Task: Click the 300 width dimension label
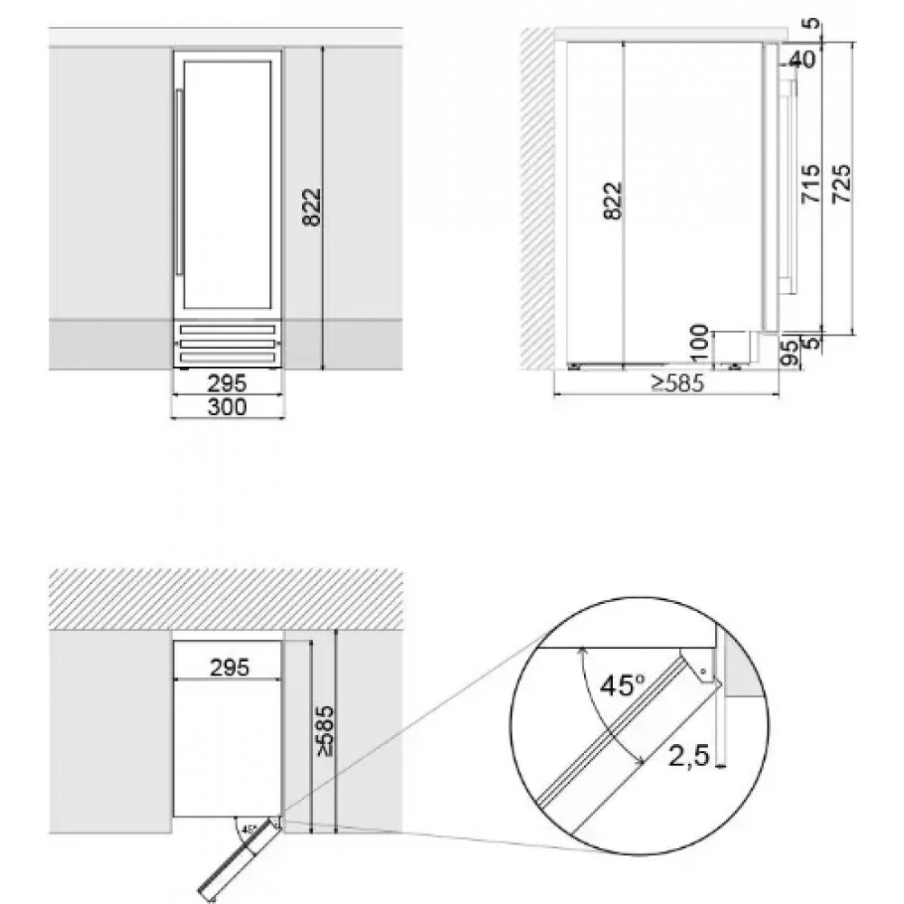[x=227, y=407]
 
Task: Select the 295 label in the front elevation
[x=227, y=382]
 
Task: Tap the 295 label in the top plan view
[x=230, y=667]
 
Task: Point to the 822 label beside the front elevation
[x=311, y=207]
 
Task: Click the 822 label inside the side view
[x=613, y=201]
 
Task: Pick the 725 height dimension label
[x=843, y=184]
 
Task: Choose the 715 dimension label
[x=812, y=184]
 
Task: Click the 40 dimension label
[x=802, y=59]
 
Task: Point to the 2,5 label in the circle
[x=688, y=756]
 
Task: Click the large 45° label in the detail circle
[x=623, y=685]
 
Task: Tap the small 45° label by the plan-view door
[x=250, y=830]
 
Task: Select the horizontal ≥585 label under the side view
[x=678, y=382]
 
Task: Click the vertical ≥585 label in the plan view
[x=325, y=730]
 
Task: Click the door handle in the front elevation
[x=180, y=183]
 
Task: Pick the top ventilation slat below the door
[x=227, y=330]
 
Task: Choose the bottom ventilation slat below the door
[x=227, y=358]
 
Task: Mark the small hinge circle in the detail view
[x=702, y=671]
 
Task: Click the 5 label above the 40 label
[x=812, y=24]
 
